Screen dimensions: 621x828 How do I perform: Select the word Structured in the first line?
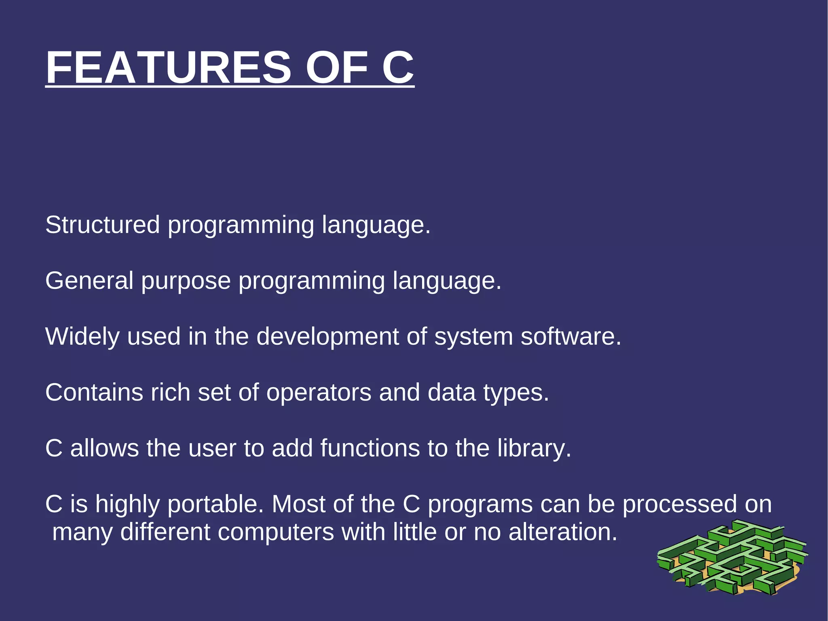click(102, 225)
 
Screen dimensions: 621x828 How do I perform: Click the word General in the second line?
click(89, 281)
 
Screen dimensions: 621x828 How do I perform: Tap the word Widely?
click(82, 337)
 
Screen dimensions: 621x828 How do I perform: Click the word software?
click(570, 337)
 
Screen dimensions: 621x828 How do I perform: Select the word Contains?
click(94, 392)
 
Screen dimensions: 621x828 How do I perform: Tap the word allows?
click(105, 448)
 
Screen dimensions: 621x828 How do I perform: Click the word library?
click(534, 449)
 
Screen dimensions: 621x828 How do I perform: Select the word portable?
click(215, 505)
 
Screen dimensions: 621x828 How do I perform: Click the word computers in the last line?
click(276, 532)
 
